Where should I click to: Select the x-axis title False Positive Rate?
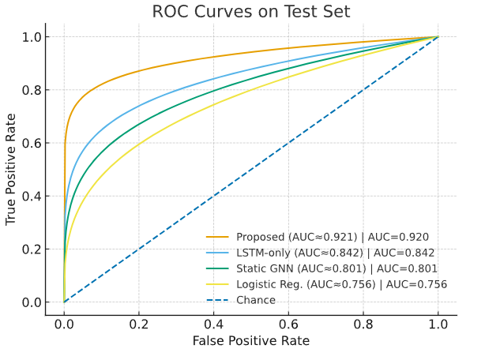click(250, 340)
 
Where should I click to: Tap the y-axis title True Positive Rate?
click(11, 169)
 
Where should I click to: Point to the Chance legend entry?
click(255, 300)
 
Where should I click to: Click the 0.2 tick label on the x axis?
click(139, 324)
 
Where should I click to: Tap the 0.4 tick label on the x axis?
click(213, 324)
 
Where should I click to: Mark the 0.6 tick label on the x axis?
click(288, 324)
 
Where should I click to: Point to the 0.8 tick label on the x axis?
click(363, 324)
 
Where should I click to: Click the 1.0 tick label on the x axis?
click(438, 324)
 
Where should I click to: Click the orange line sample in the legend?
click(217, 237)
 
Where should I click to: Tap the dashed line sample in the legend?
click(217, 300)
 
